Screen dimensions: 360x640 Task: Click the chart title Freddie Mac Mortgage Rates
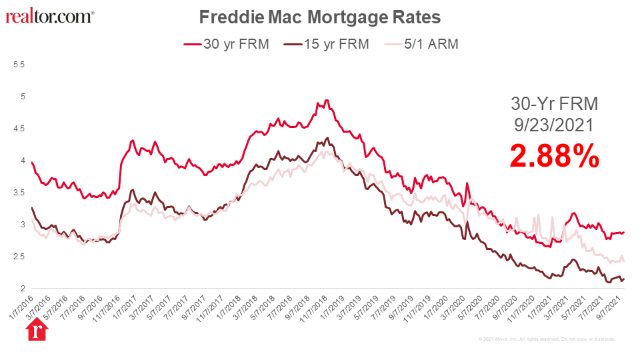pos(320,16)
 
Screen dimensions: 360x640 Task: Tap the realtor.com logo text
pos(49,16)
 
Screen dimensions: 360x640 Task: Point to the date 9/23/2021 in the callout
pos(555,125)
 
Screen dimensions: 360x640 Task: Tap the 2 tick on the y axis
pos(22,289)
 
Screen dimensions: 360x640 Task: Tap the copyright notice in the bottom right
pos(547,339)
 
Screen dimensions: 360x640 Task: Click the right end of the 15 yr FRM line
pos(624,279)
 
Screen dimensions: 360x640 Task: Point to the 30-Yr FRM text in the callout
pos(555,104)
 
